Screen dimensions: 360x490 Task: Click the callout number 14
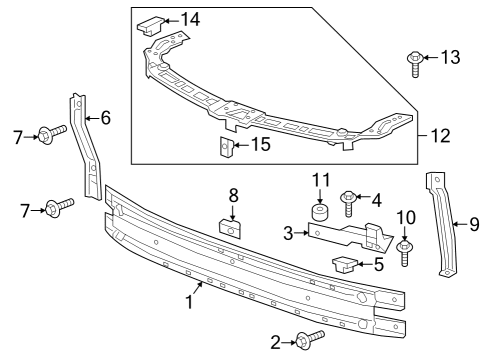click(190, 19)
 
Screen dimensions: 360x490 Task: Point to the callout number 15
click(260, 144)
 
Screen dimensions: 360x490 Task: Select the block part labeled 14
click(153, 23)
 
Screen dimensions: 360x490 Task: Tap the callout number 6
click(105, 118)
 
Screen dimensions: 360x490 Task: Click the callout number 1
click(186, 300)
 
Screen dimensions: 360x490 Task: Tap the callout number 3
click(288, 233)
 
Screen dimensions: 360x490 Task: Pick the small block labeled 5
click(343, 264)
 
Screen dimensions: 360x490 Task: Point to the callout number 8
click(233, 194)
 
